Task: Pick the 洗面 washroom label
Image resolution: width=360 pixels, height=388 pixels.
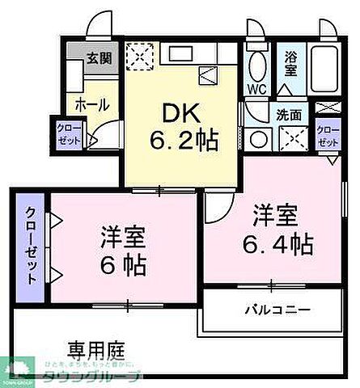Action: pyautogui.click(x=289, y=114)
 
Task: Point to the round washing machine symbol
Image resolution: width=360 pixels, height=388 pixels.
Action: pyautogui.click(x=259, y=138)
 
